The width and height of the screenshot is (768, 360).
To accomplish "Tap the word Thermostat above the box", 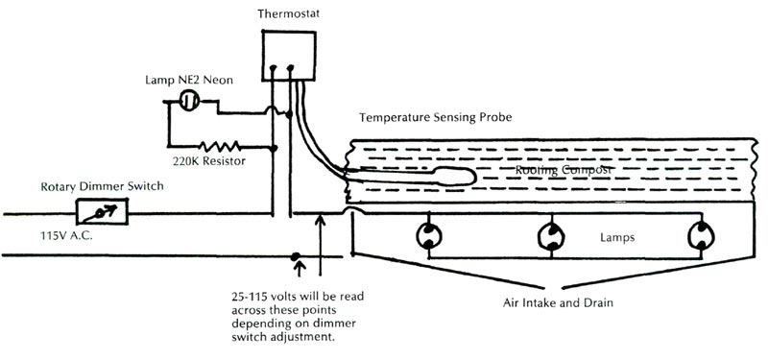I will pyautogui.click(x=288, y=13).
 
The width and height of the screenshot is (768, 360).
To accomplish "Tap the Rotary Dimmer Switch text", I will pyautogui.click(x=93, y=185).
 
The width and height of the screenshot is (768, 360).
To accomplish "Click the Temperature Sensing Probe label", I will pyautogui.click(x=436, y=117).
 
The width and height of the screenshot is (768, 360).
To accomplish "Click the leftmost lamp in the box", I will pyautogui.click(x=426, y=235).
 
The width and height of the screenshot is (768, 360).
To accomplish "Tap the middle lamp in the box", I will pyautogui.click(x=551, y=235).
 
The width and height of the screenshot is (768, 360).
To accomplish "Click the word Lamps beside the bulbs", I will pyautogui.click(x=618, y=235).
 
